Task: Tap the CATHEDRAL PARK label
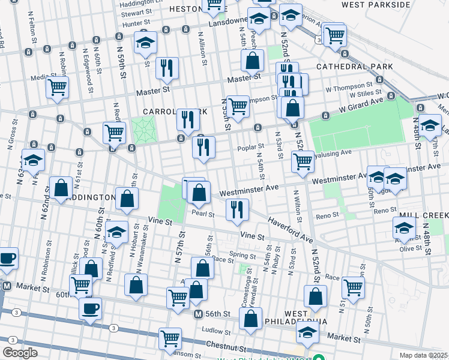click(354, 67)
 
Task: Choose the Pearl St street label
click(203, 213)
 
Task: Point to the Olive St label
click(411, 248)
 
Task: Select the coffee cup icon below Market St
click(90, 309)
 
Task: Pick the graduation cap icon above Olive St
click(404, 227)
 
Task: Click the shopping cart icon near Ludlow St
click(170, 338)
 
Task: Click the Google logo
click(20, 353)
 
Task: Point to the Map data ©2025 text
click(423, 355)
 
